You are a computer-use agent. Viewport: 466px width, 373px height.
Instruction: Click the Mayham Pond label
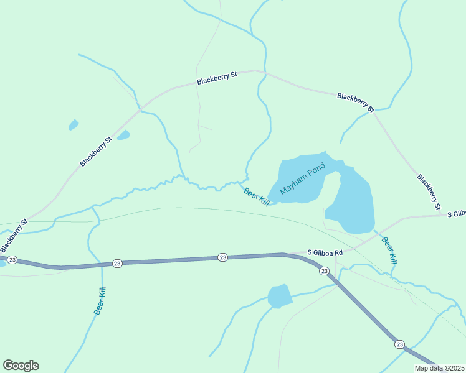tap(303, 180)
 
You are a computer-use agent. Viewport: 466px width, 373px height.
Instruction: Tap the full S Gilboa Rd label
tap(325, 252)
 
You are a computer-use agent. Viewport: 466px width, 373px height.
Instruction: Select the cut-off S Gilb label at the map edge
tap(456, 213)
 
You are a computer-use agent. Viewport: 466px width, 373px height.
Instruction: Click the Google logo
tap(21, 365)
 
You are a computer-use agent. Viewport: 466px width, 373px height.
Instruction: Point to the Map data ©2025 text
tap(440, 367)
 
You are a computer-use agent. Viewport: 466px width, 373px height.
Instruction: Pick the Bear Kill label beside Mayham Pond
tap(256, 197)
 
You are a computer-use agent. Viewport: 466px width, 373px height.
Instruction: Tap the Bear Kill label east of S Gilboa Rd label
tap(389, 251)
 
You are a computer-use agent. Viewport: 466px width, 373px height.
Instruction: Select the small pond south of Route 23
tap(280, 296)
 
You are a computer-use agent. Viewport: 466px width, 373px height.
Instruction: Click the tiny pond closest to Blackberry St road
tap(123, 135)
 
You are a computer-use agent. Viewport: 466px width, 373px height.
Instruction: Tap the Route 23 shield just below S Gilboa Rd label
tap(324, 271)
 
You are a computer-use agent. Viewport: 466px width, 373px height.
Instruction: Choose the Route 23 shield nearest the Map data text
tap(399, 344)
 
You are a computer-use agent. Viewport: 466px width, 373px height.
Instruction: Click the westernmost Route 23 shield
tap(12, 259)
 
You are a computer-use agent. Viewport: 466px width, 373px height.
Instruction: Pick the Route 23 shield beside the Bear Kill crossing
tap(117, 264)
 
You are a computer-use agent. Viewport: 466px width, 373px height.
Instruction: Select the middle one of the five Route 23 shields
tap(222, 257)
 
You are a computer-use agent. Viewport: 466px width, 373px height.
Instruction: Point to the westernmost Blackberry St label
tap(14, 233)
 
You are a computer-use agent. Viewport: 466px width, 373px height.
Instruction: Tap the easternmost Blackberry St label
tap(429, 191)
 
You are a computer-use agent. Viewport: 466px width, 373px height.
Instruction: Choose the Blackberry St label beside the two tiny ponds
tap(95, 152)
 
